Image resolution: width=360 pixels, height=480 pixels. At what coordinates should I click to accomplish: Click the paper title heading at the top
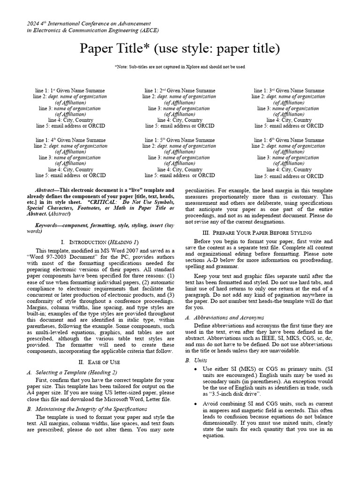click(180, 49)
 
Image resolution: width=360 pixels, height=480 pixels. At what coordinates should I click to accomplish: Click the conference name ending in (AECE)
click(93, 30)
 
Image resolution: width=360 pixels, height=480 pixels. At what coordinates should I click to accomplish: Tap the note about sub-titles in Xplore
click(180, 67)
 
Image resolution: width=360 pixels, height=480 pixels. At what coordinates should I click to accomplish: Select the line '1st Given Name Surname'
click(70, 90)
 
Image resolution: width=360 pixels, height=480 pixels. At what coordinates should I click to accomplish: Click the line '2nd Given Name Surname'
click(180, 90)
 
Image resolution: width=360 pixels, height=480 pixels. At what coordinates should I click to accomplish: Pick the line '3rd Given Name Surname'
click(289, 90)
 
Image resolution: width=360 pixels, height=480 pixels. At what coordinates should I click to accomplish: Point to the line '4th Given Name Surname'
click(70, 140)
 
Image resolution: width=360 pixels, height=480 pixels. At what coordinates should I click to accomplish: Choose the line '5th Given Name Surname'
click(180, 140)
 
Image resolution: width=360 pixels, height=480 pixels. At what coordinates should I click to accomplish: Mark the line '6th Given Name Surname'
click(289, 140)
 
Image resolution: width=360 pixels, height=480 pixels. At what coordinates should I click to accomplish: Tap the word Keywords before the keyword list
click(40, 225)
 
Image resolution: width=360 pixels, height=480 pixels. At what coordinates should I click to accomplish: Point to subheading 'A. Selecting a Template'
click(72, 372)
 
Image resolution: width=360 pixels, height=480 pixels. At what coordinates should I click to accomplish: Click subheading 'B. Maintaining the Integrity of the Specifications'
click(87, 409)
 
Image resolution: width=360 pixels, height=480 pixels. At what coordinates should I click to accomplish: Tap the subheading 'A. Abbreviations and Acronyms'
click(224, 317)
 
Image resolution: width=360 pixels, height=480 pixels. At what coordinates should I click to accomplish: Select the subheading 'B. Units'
click(196, 360)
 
